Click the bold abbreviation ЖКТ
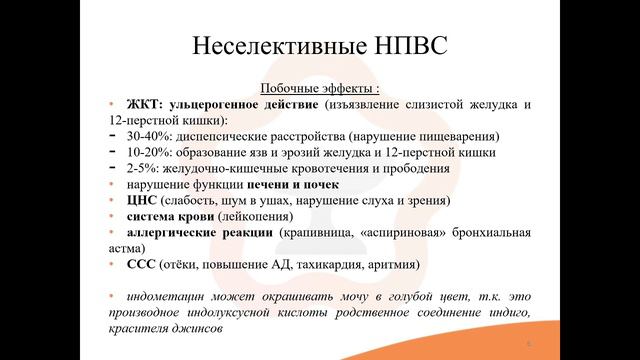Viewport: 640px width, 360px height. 143,104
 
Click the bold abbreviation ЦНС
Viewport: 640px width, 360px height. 143,200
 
